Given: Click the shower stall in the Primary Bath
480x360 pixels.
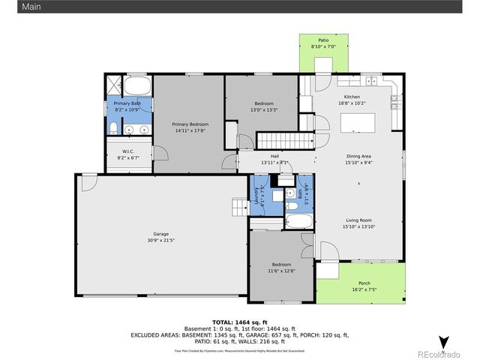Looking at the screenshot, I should click(112, 84).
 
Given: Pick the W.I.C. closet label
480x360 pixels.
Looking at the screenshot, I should click(129, 152).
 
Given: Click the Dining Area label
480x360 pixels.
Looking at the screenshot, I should click(357, 156).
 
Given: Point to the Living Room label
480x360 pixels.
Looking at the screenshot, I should click(357, 222).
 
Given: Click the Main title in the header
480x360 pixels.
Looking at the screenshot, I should click(10, 6).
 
